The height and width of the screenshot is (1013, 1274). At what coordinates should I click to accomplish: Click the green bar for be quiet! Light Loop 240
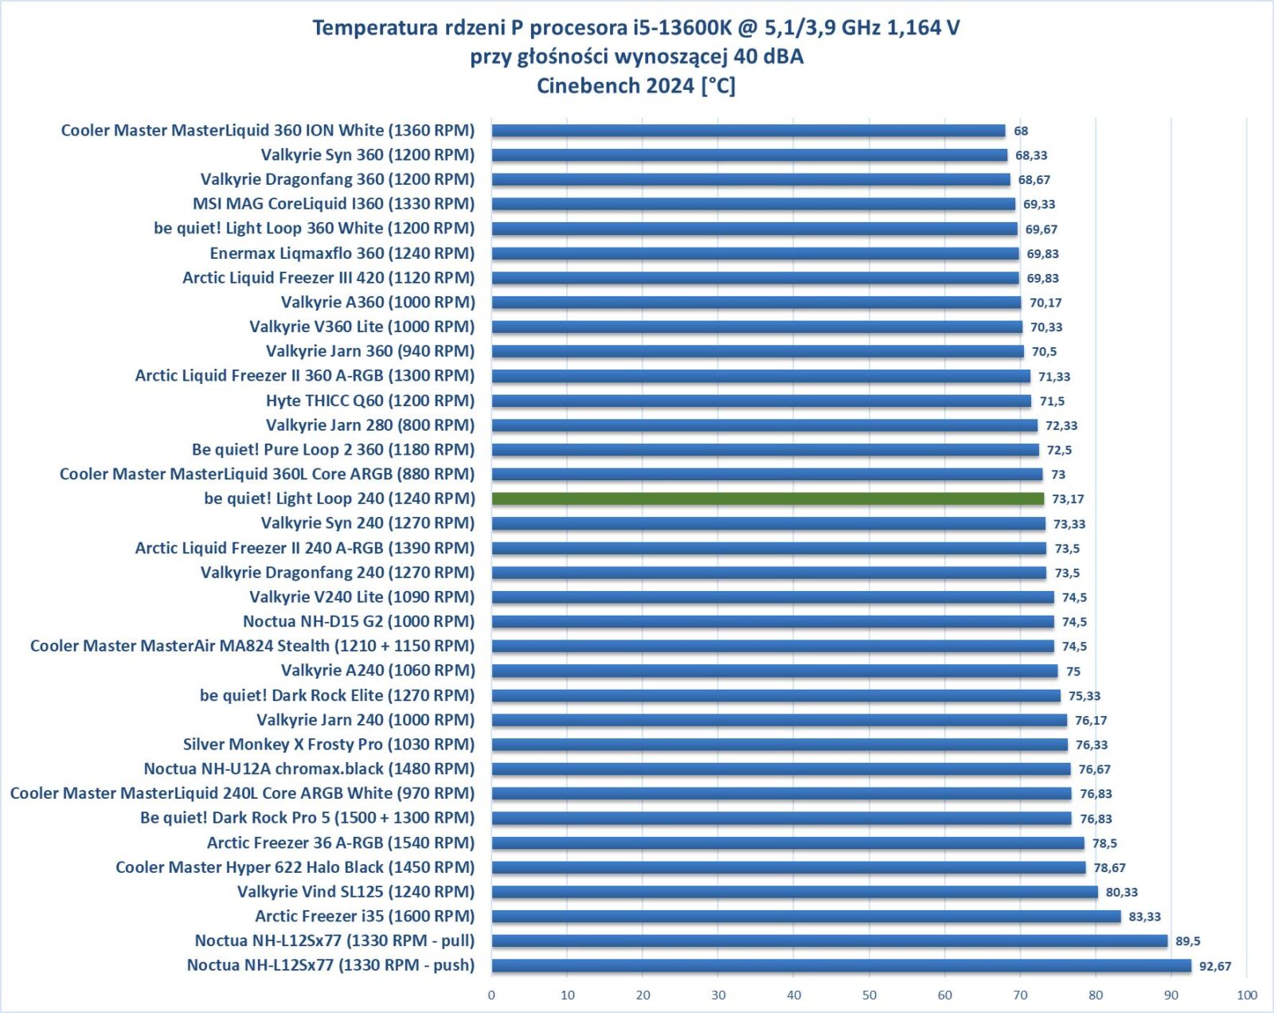768,499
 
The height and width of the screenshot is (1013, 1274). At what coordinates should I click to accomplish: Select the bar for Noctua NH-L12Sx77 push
841,965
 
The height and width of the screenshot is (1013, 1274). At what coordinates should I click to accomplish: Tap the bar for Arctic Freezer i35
806,917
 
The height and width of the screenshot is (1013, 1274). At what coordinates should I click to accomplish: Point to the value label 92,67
1215,966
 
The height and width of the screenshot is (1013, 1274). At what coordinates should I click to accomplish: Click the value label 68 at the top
1021,131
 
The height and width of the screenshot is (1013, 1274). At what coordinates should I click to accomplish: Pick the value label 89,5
1187,941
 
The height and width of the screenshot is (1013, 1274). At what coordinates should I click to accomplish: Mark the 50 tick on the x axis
870,995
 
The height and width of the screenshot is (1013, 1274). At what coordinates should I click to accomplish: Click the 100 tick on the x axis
1247,995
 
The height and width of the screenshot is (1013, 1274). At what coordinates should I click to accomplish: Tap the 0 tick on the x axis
491,995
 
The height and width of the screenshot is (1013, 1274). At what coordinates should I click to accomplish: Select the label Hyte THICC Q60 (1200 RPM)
370,401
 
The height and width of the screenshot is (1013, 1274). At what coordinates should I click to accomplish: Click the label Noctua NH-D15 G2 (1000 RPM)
358,621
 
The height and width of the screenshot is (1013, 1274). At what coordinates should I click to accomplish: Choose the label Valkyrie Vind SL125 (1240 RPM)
356,892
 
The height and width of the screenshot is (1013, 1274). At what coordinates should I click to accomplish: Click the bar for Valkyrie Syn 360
749,155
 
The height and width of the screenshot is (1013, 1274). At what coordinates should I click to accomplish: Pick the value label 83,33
1144,917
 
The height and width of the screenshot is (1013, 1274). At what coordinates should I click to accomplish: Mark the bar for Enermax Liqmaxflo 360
755,253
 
